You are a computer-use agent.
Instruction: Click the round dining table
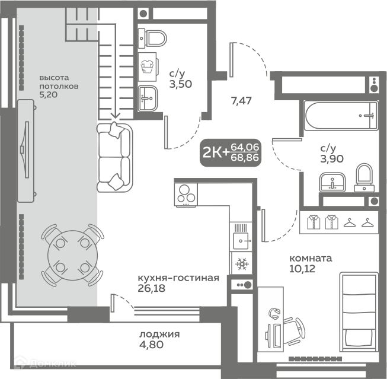tap(72, 256)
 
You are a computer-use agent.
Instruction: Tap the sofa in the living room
tap(114, 157)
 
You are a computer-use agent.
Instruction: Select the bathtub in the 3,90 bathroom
tap(341, 116)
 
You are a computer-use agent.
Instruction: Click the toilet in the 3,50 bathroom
tap(152, 39)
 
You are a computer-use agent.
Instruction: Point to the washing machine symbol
tap(148, 66)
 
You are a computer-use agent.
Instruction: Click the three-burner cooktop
tap(185, 195)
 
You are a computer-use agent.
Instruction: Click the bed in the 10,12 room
tap(359, 312)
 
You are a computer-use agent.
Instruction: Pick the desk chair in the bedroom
tap(295, 331)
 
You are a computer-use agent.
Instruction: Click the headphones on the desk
tap(274, 313)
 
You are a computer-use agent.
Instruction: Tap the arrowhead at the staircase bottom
tap(115, 116)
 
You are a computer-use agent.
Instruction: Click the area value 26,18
tap(151, 288)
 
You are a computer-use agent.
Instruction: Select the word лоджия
tap(159, 335)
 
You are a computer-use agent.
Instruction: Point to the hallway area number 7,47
tap(241, 101)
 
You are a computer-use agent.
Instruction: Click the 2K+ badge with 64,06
tap(231, 152)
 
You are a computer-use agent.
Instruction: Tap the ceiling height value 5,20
tap(49, 94)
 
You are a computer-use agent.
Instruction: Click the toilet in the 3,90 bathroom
tap(364, 178)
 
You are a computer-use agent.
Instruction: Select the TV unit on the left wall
tap(25, 151)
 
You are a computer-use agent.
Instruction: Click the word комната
tap(311, 259)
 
